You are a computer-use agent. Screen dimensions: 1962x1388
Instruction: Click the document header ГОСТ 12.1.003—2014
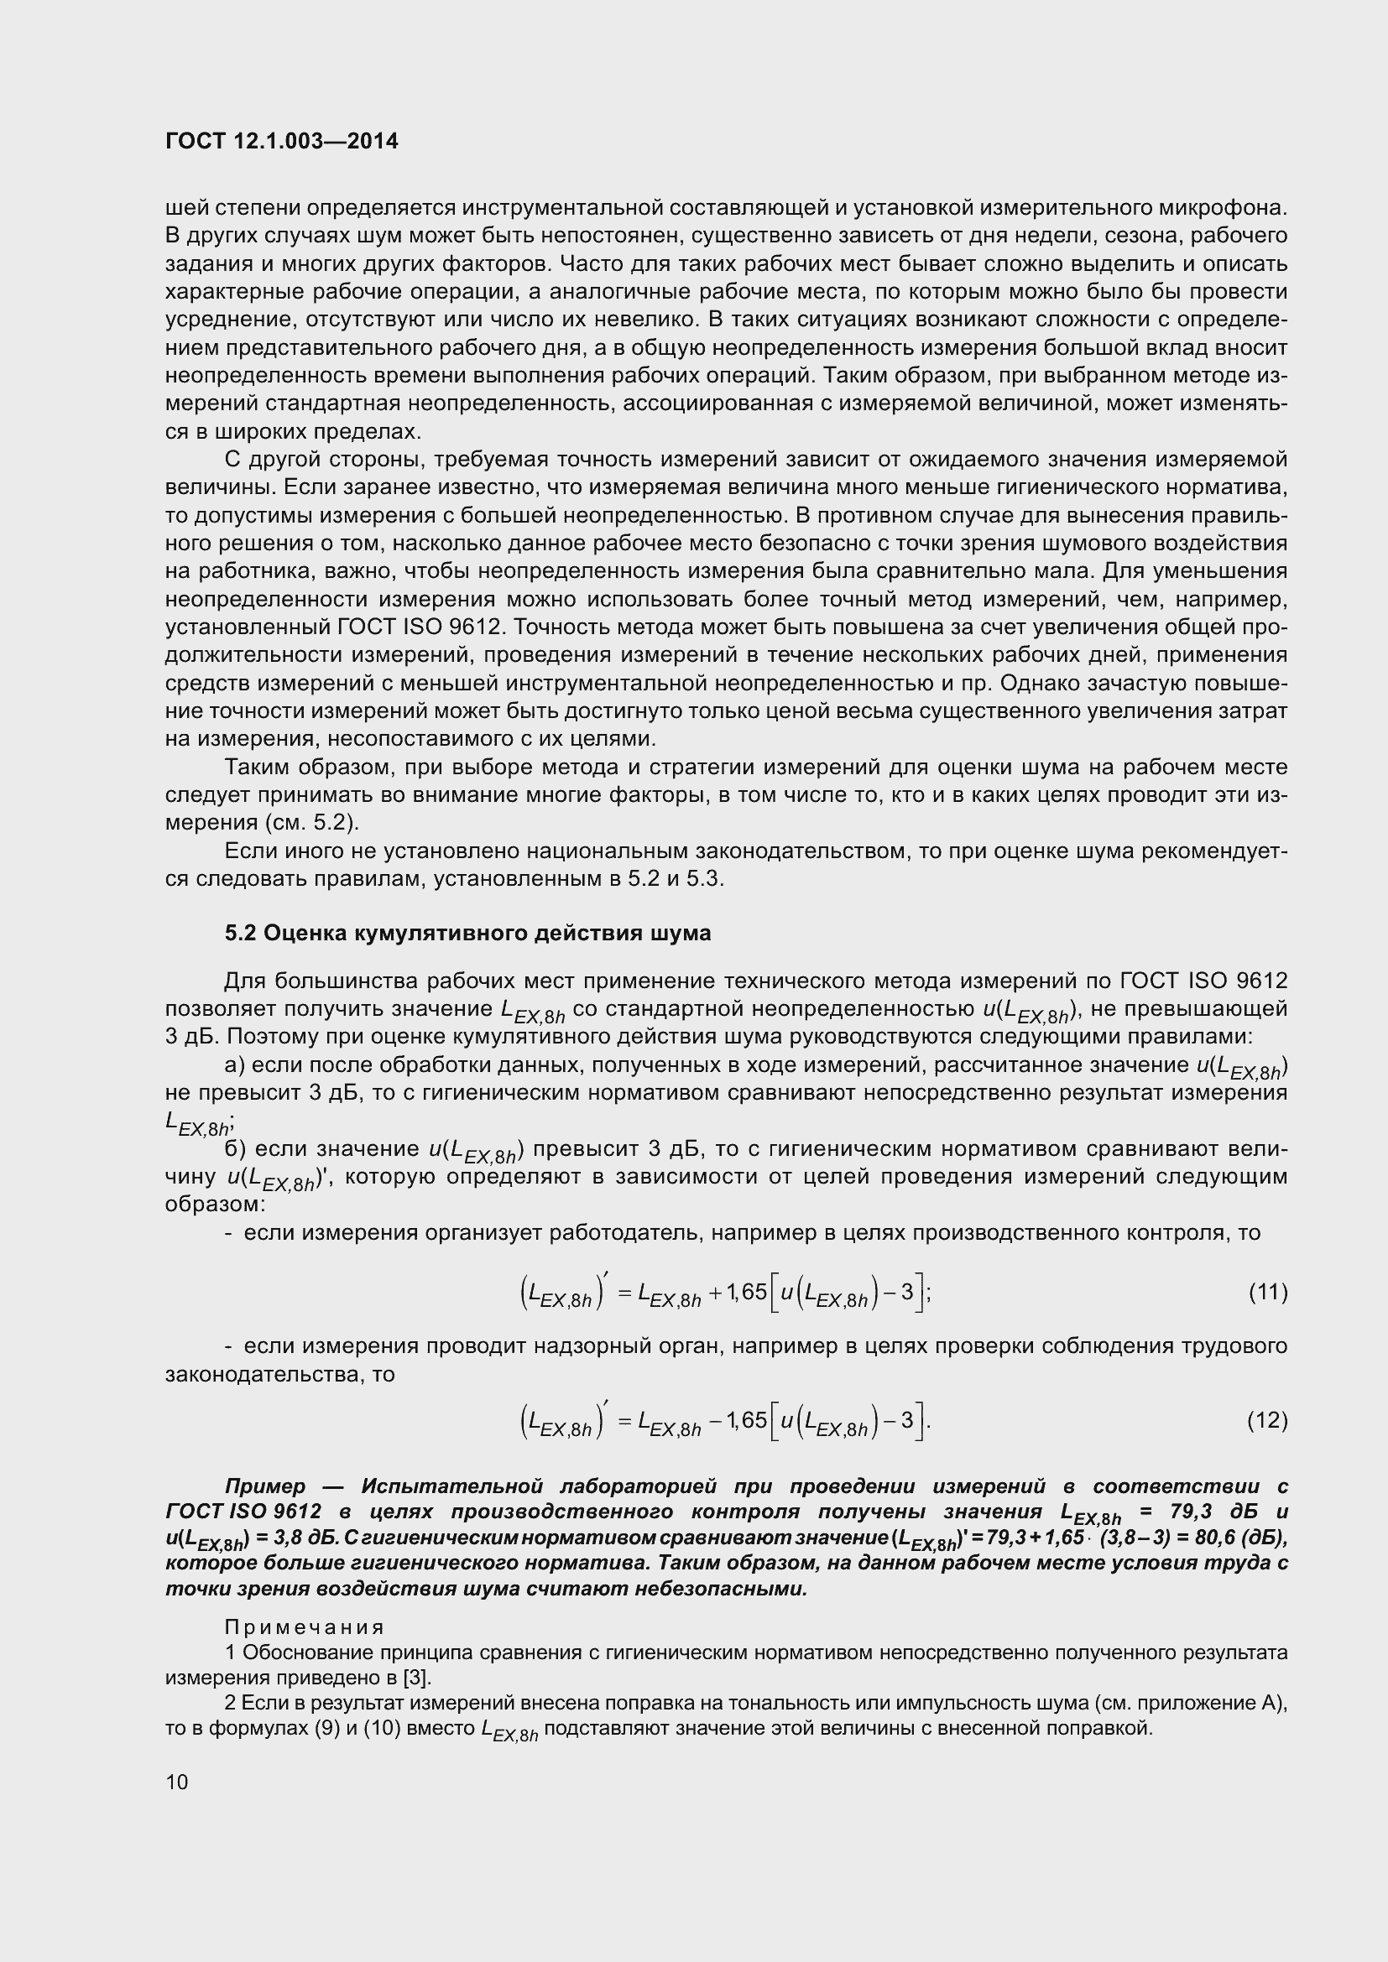pos(281,142)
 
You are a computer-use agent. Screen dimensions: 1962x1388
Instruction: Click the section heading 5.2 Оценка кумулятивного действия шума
pos(467,933)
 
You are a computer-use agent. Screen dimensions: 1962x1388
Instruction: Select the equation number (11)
pos(1267,1292)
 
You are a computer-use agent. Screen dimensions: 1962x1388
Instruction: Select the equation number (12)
pos(1267,1420)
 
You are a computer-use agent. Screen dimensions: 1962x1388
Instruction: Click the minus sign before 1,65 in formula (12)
pos(715,1421)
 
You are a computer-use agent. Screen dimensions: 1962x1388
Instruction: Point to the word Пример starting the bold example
pos(265,1487)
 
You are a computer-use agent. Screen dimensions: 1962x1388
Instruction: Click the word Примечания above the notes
pos(305,1627)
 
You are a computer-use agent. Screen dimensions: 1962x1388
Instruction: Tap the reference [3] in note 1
pos(416,1677)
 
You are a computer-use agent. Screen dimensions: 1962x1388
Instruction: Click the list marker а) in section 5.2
pos(234,1065)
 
